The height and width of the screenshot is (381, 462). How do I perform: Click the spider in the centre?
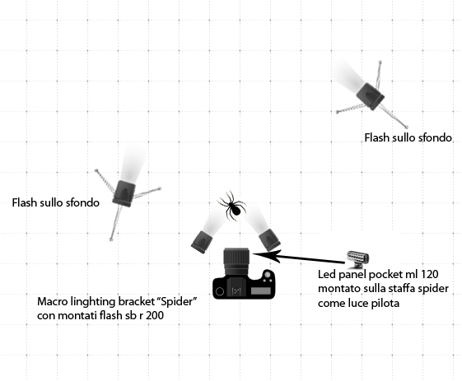click(233, 206)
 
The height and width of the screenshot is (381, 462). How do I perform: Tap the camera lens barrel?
click(236, 262)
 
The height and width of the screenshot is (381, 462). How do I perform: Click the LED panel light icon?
click(357, 258)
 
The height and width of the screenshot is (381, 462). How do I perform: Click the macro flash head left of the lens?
click(202, 242)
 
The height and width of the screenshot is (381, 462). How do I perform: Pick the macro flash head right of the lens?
click(269, 240)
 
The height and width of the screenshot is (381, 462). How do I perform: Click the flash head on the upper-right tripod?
click(371, 96)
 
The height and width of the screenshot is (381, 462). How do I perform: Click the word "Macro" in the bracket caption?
click(53, 302)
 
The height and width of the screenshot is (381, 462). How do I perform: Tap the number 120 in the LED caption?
click(428, 274)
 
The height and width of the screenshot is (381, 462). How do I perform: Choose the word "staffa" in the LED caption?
click(408, 288)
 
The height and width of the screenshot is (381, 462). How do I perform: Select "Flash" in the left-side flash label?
click(24, 203)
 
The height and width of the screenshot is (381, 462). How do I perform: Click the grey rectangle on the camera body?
click(261, 291)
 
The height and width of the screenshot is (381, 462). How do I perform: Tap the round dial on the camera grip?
click(268, 274)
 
